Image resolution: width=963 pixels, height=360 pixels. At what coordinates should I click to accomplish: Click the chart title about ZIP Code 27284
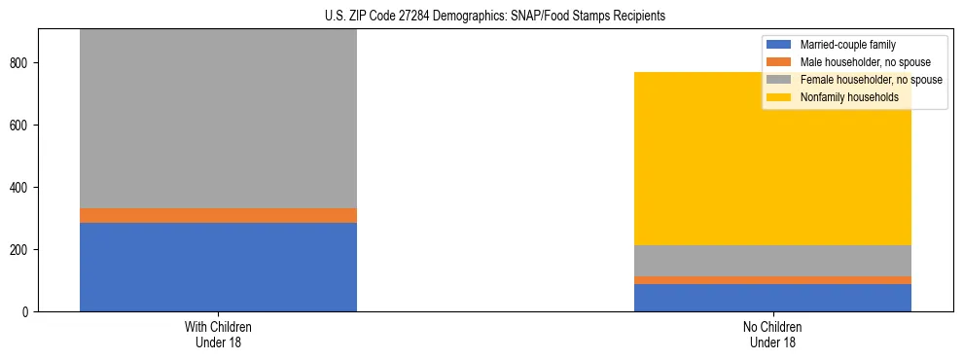[495, 17]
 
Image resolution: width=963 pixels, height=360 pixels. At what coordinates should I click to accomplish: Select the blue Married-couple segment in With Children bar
[218, 267]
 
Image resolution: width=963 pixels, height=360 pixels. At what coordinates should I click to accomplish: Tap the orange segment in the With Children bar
[218, 215]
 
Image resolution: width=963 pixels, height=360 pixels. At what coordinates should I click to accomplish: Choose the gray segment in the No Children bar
[772, 261]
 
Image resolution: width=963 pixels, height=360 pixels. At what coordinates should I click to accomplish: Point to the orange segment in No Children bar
[772, 280]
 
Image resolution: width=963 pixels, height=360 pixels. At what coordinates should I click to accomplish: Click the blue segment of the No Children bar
[772, 298]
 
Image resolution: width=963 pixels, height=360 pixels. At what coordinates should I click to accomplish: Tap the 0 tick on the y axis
[28, 312]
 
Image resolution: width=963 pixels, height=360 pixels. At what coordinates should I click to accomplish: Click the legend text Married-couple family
[847, 45]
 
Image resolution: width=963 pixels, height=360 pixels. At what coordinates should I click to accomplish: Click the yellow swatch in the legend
[780, 97]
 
